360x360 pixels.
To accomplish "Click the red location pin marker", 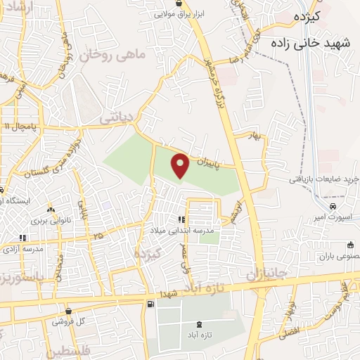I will [181, 165].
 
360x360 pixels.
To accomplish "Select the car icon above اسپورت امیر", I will [333, 207].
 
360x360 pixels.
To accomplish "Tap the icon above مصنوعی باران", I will [350, 245].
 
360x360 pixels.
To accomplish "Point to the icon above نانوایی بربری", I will [50, 210].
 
